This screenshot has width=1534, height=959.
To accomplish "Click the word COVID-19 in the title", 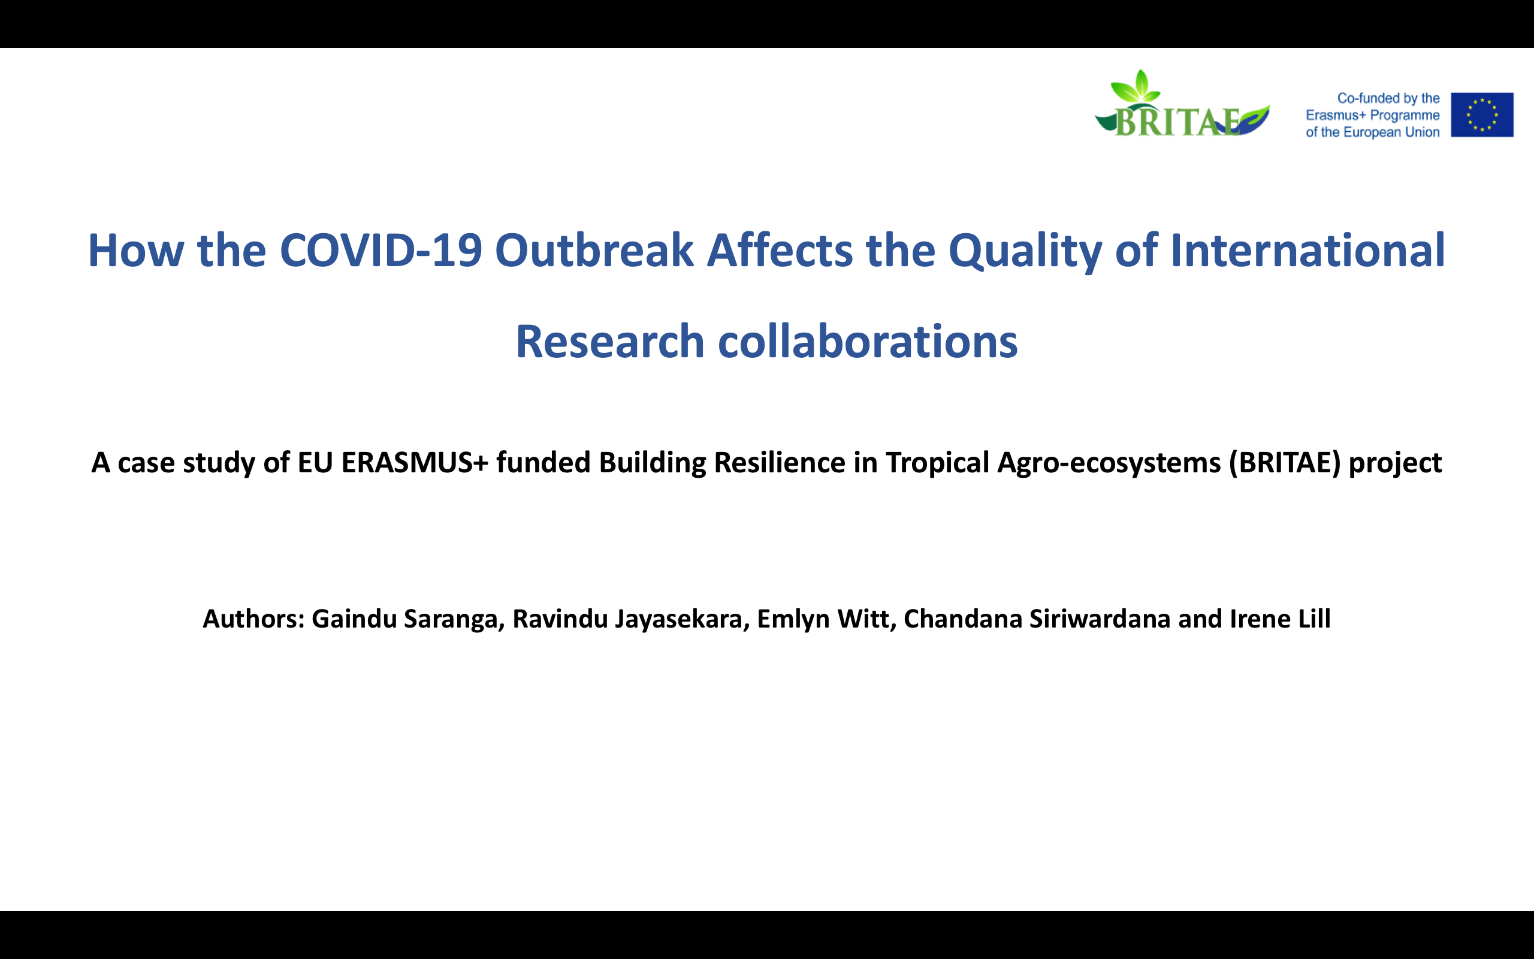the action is tap(381, 250).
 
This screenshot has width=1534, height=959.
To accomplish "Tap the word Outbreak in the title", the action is tap(594, 250).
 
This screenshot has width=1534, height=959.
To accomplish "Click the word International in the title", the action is tap(1307, 250).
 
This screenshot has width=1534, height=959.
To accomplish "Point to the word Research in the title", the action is tap(610, 342).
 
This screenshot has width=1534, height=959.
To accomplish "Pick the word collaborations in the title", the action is tap(867, 342).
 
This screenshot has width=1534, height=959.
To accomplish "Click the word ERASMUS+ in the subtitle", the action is tap(415, 462).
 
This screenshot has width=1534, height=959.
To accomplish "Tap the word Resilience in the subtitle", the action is tap(780, 462).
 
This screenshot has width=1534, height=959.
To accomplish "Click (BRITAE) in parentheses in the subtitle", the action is tap(1285, 463).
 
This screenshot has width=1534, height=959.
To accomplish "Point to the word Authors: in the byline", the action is tap(253, 619).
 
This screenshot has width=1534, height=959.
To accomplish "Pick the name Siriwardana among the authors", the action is tap(1100, 619).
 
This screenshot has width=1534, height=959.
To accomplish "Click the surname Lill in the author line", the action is tap(1314, 619).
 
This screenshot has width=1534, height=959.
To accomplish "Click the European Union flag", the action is tap(1482, 115).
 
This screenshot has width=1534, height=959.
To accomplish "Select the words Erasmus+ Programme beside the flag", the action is tap(1372, 116).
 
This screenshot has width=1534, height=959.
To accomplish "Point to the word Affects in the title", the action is tap(780, 250).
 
